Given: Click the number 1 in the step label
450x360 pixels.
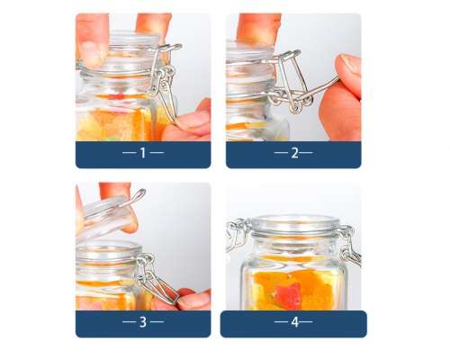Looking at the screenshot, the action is pos(143,153).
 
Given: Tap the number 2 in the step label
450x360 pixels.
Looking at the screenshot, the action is pos(294,153).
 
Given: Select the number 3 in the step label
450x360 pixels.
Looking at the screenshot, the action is pos(143,321).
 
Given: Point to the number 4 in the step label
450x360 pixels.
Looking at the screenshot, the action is pos(295,321).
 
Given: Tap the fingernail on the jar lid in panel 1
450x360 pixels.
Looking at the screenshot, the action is pos(93,53).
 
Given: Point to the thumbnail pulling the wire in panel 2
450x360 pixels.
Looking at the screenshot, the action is pos(350,65).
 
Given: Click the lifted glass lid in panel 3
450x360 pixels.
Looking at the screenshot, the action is pos(106,214).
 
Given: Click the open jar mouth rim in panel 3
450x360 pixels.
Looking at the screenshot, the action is pos(108,249).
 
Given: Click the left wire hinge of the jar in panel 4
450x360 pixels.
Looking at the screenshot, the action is pos(238,235).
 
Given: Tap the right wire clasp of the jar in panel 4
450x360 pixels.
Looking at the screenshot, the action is pos(348,245).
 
